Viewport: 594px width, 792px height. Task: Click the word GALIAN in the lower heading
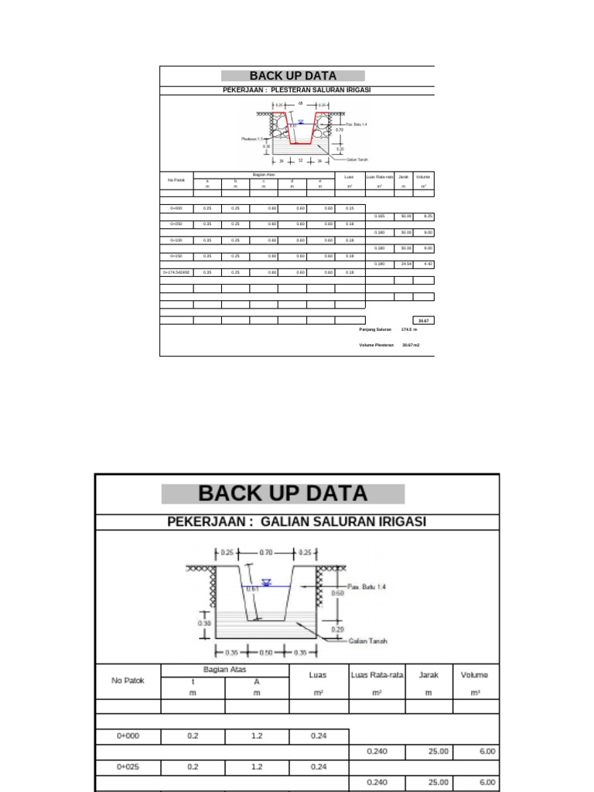point(288,521)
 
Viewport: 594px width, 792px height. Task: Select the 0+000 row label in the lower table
point(128,736)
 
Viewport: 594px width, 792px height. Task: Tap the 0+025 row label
point(128,767)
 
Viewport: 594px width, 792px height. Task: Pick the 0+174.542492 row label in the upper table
point(176,272)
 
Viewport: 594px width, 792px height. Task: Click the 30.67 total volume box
point(423,320)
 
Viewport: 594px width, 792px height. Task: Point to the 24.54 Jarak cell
point(403,264)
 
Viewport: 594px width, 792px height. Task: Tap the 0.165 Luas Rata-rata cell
point(380,216)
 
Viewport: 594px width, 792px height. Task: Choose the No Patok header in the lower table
point(128,681)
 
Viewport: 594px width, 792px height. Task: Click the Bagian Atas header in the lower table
point(224,669)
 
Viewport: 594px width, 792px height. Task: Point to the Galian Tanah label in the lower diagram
point(368,640)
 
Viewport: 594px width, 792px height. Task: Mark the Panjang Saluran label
point(375,329)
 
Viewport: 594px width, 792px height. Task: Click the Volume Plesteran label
point(377,345)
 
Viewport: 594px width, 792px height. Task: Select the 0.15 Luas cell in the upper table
point(350,208)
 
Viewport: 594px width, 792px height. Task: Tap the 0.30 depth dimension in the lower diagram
point(204,623)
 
